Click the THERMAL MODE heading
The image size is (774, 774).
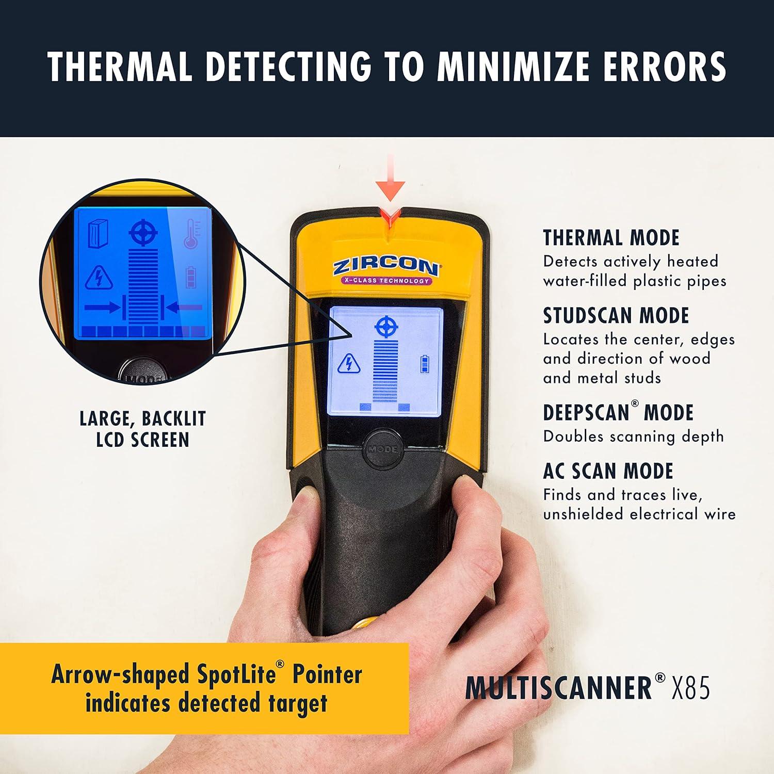tap(611, 238)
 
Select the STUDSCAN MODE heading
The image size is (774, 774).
tap(616, 316)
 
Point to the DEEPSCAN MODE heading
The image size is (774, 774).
tap(618, 413)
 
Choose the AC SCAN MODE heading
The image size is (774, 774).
tap(608, 471)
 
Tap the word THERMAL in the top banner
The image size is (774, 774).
tap(120, 67)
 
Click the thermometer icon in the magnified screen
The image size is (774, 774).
tap(192, 234)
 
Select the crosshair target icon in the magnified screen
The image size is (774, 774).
tap(143, 233)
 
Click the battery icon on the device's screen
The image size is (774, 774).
tap(425, 363)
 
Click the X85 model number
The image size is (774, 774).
tap(690, 687)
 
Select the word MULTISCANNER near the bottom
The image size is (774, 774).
tap(558, 687)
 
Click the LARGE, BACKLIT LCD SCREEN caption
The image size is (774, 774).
tap(142, 429)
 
